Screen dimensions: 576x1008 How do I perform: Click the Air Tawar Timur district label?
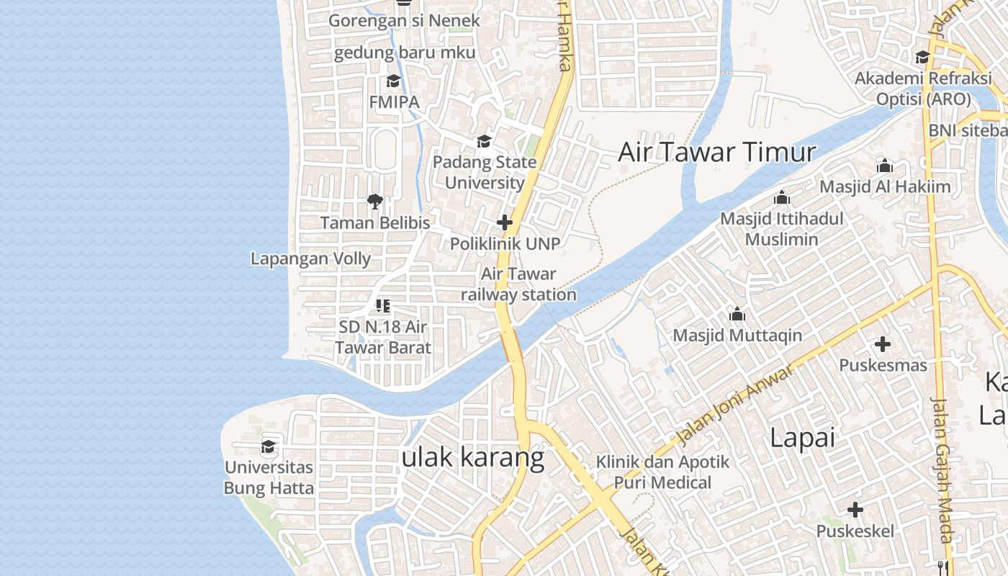[717, 153]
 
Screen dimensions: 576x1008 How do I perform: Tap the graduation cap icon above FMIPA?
[393, 81]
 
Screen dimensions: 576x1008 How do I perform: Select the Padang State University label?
[485, 172]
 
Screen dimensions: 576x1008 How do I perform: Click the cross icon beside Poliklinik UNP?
[505, 222]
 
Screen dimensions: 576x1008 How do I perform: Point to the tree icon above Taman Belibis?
[374, 201]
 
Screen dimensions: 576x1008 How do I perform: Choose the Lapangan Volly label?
[310, 258]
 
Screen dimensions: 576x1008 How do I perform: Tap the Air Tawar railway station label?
[518, 284]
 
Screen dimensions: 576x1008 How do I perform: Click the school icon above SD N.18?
[383, 306]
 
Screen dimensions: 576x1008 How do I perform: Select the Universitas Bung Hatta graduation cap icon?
[269, 446]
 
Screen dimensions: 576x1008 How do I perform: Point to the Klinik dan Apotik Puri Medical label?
[662, 472]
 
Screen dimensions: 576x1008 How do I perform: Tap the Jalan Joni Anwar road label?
[735, 403]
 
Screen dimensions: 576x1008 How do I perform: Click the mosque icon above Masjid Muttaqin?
[737, 314]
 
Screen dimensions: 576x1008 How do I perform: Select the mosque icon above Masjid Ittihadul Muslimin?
[782, 197]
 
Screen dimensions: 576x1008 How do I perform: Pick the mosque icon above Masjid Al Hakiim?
[885, 166]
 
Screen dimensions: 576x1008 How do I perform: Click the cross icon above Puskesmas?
[883, 344]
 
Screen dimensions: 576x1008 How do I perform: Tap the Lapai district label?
[802, 437]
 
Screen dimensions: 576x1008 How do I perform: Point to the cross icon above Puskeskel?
[855, 510]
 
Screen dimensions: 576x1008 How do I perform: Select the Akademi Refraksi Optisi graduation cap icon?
[922, 57]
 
